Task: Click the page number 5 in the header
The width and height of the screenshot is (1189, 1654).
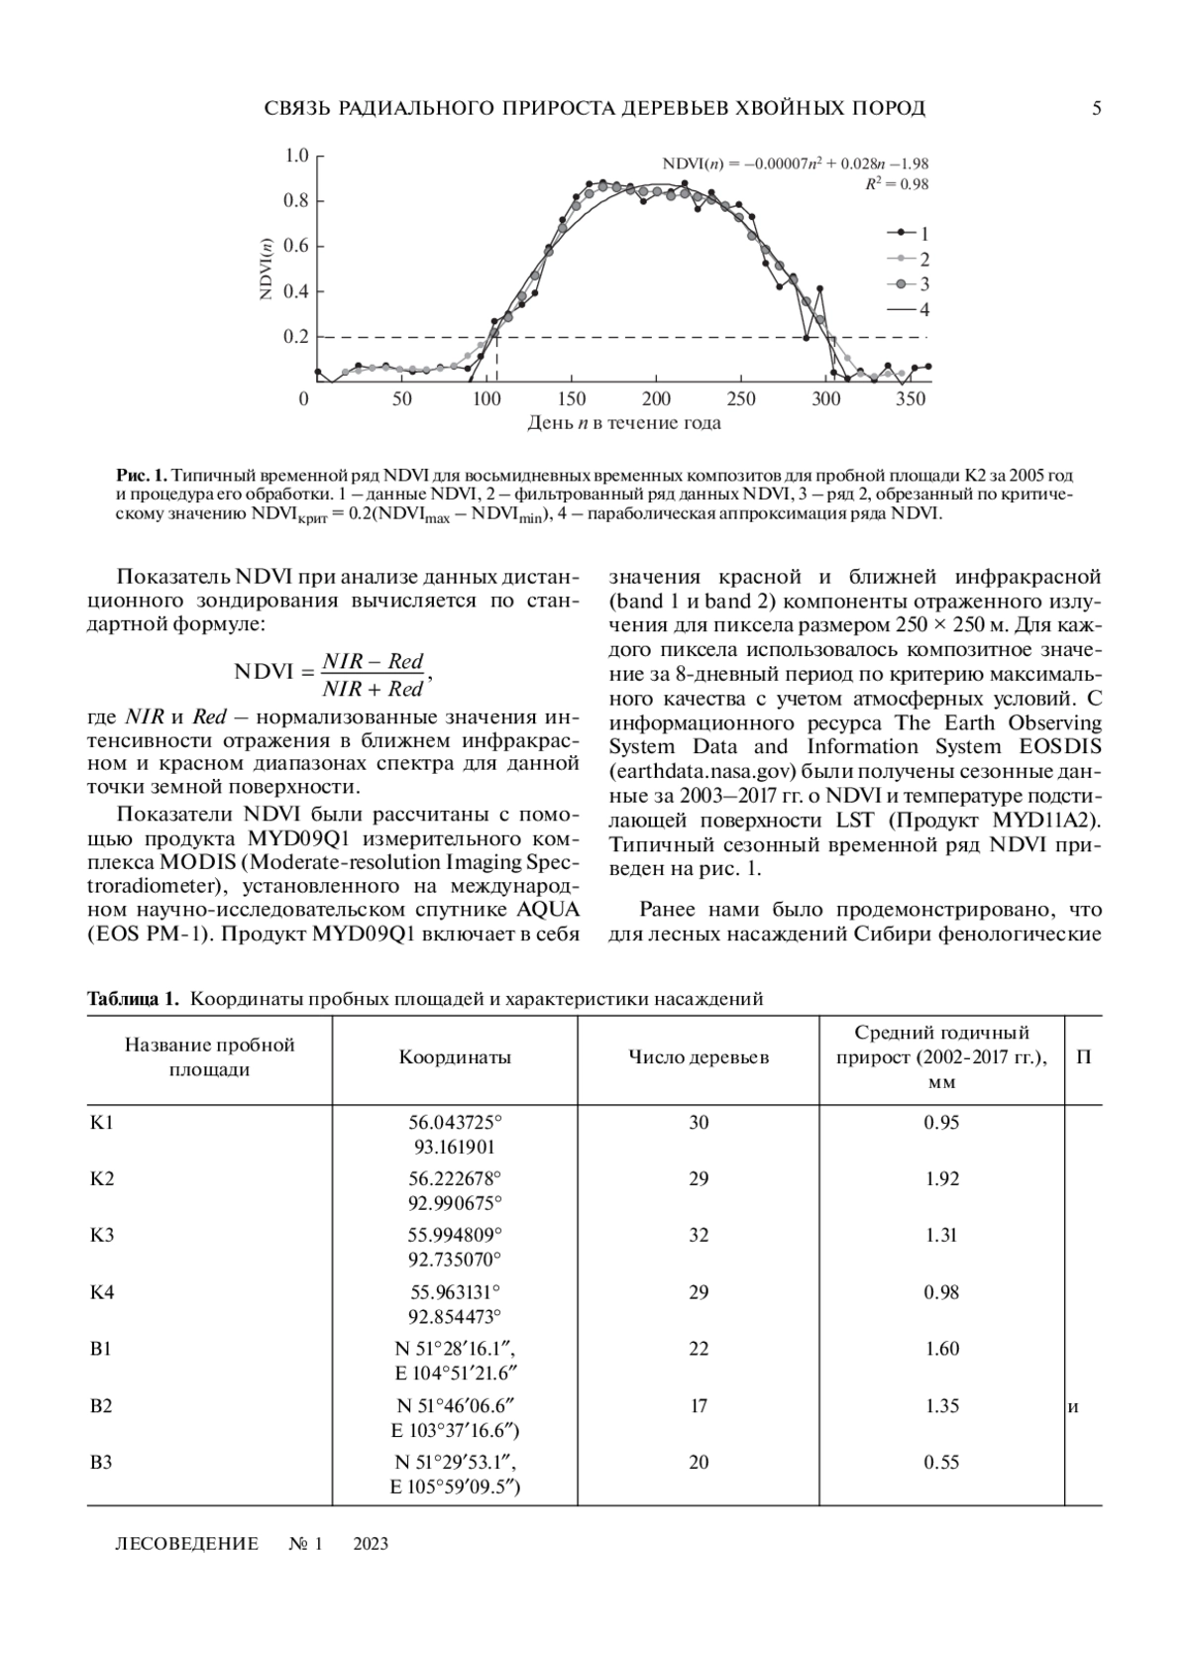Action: pos(1096,109)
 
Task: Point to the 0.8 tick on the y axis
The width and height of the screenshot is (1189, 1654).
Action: pos(297,201)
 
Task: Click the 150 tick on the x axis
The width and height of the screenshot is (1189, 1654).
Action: pos(572,399)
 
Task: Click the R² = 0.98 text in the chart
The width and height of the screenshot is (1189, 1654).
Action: pos(896,184)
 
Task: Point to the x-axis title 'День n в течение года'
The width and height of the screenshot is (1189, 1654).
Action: pos(623,424)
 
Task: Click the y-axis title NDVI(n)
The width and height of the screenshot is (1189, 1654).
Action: pos(266,269)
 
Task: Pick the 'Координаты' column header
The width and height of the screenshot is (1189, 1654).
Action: pos(455,1057)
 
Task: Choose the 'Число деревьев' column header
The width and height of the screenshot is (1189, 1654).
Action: pos(699,1057)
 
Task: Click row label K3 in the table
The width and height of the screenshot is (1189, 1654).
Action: pos(102,1236)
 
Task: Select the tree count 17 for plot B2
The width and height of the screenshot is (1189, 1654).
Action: pos(699,1405)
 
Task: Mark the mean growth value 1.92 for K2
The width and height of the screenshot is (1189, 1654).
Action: pos(941,1179)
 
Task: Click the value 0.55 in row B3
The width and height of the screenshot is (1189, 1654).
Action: pos(941,1462)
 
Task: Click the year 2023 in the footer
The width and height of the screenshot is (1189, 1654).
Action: pos(371,1543)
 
